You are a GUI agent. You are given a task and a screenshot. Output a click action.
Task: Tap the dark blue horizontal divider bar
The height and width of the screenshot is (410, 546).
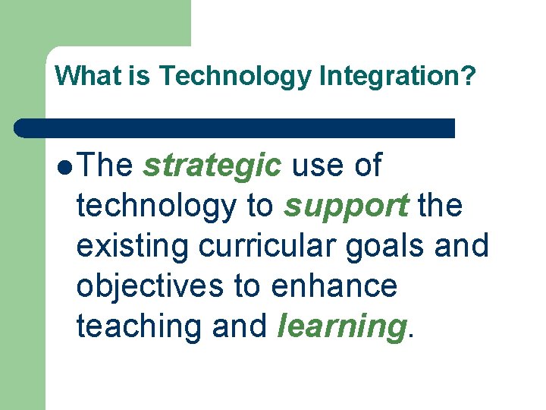tap(235, 128)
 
